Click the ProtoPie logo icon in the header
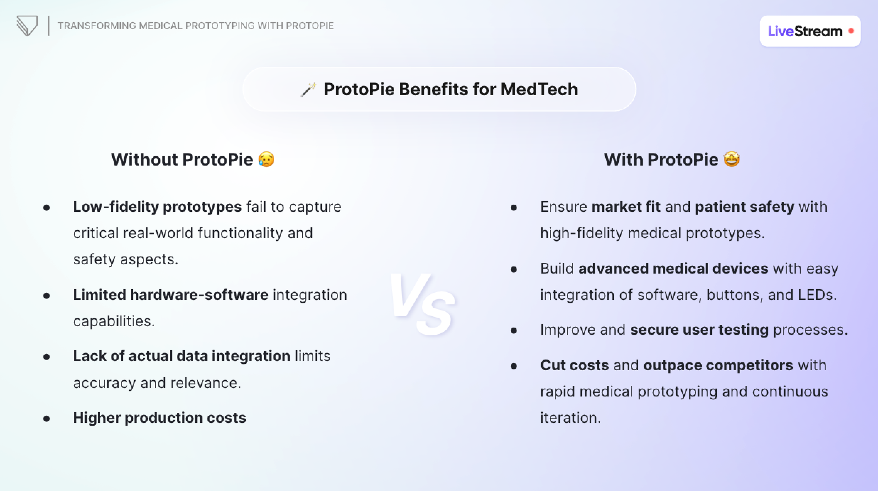tap(27, 26)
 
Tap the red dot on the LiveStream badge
tap(851, 31)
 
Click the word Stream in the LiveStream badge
tap(818, 31)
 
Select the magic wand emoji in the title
tap(308, 90)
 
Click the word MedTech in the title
tap(539, 89)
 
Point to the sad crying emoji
tap(266, 159)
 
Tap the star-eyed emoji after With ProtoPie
tap(732, 159)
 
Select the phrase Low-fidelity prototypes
tap(157, 207)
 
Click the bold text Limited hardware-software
tap(170, 295)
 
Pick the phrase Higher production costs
tap(159, 418)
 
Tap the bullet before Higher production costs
tap(47, 419)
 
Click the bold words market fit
tap(626, 207)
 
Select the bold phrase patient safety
tap(744, 207)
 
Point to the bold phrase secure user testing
tap(699, 330)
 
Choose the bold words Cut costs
tap(574, 365)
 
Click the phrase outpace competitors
tap(718, 365)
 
